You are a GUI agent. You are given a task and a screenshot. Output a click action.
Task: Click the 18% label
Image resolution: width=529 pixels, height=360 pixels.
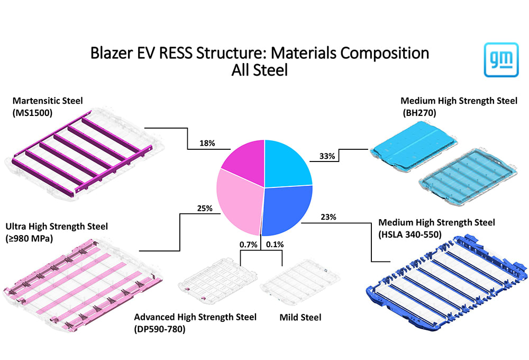pos(207,143)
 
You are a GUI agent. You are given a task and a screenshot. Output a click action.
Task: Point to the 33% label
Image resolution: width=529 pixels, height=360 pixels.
pos(326,156)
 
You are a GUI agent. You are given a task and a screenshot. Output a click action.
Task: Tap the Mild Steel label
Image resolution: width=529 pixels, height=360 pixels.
pos(300,318)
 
